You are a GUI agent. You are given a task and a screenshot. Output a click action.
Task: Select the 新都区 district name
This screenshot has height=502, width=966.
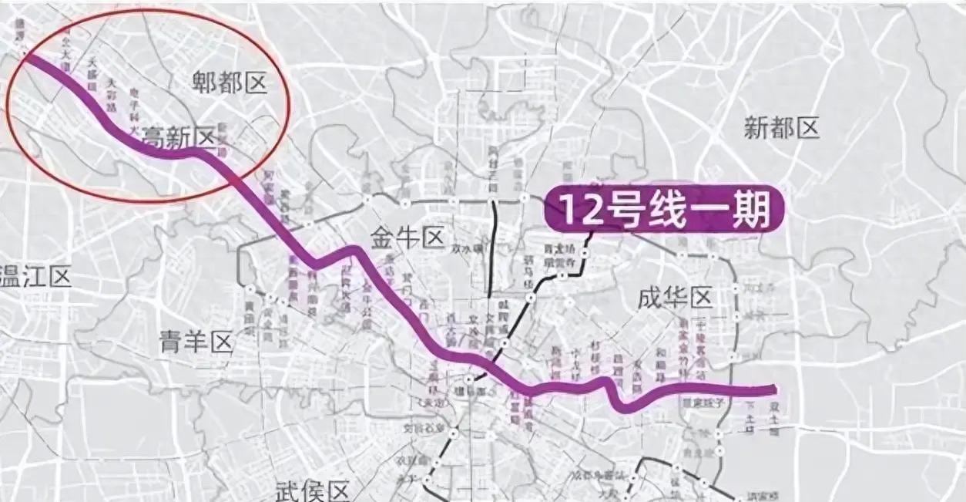781,127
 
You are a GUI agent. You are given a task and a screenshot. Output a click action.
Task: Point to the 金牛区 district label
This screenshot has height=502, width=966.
408,237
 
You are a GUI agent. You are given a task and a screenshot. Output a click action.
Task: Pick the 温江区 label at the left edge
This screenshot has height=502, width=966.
35,275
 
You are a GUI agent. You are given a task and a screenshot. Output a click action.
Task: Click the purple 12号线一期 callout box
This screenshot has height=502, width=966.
664,209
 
